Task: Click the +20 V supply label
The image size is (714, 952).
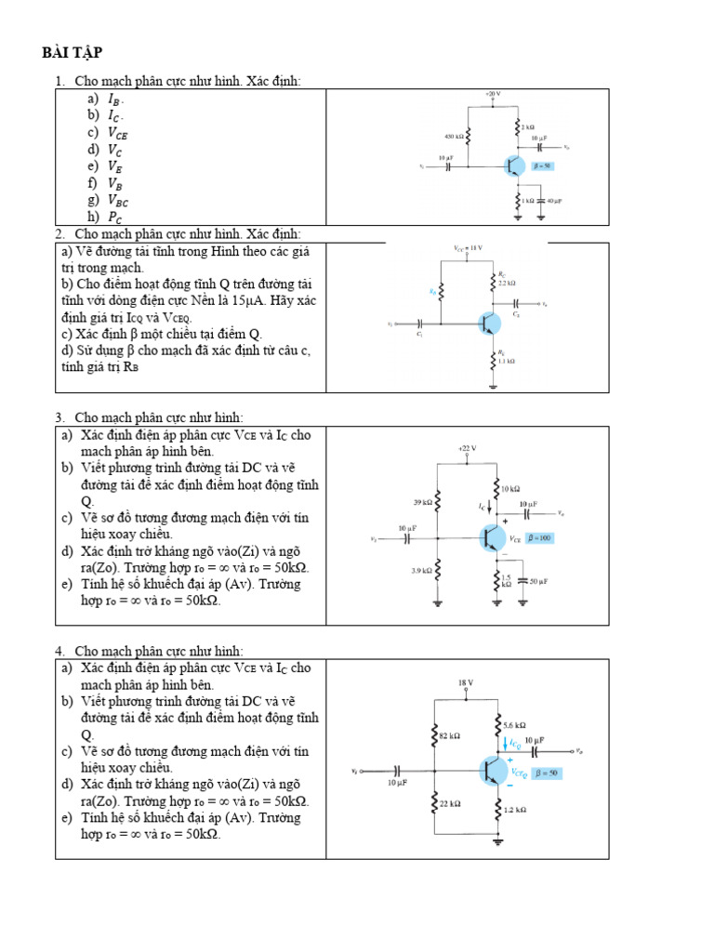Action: click(x=492, y=95)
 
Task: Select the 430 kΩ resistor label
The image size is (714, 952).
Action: click(x=453, y=135)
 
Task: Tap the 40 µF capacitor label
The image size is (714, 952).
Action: click(x=554, y=201)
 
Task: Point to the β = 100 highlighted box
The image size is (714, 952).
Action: click(x=538, y=538)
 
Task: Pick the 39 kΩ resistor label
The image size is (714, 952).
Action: click(x=422, y=502)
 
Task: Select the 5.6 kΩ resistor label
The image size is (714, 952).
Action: click(x=515, y=724)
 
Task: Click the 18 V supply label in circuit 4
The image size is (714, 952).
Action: click(x=466, y=682)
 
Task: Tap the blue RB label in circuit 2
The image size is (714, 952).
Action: click(x=432, y=291)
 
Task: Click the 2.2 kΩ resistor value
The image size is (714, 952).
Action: click(x=507, y=282)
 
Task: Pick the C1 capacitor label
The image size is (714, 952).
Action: click(x=420, y=333)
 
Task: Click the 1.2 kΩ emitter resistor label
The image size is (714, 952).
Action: click(x=515, y=810)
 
